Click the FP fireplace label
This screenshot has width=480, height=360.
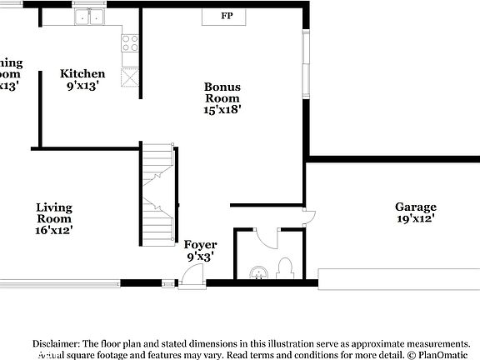point(227,16)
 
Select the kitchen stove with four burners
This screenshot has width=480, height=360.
point(130,43)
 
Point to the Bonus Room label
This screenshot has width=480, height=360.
point(222,92)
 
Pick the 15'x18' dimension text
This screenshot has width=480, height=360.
point(222,108)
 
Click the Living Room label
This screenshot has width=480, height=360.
point(54,213)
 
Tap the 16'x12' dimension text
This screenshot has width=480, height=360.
point(54,230)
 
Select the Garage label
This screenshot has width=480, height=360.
point(415,207)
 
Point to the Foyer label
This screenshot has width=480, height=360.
point(200,245)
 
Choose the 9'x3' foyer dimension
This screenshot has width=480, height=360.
point(200,257)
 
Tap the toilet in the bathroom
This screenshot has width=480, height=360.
point(285,267)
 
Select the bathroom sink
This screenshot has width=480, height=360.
point(258,272)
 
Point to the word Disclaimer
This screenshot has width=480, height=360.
point(55,343)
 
